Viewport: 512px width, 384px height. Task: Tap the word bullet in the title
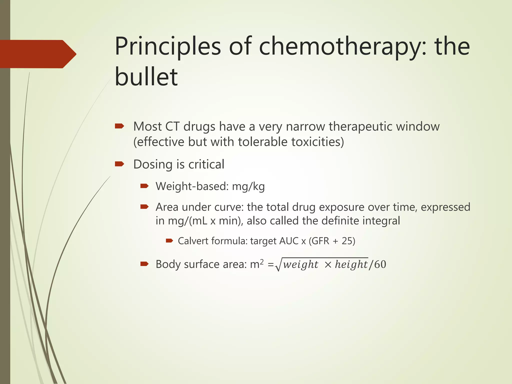click(146, 77)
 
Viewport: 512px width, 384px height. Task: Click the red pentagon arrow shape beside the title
click(37, 54)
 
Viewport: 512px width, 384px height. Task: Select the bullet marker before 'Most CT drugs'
click(119, 126)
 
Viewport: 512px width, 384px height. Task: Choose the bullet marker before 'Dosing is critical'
click(119, 164)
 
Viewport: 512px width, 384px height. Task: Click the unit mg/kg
click(248, 187)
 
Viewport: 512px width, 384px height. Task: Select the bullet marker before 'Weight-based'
click(144, 186)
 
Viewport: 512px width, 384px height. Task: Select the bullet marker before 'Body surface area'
click(144, 264)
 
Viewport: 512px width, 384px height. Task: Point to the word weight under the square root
click(300, 264)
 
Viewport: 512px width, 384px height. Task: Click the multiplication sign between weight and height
click(328, 265)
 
